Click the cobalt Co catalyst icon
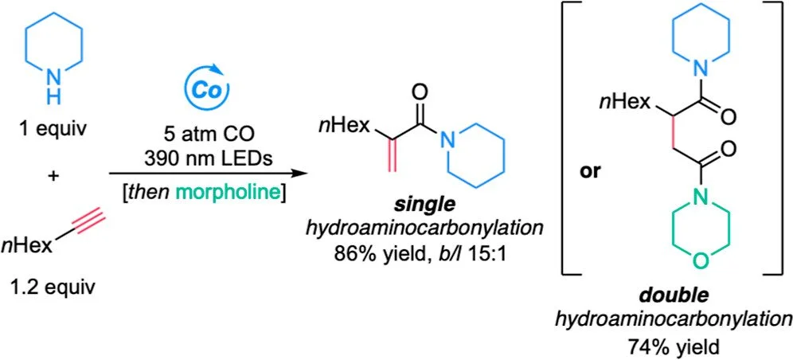pyautogui.click(x=197, y=89)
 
